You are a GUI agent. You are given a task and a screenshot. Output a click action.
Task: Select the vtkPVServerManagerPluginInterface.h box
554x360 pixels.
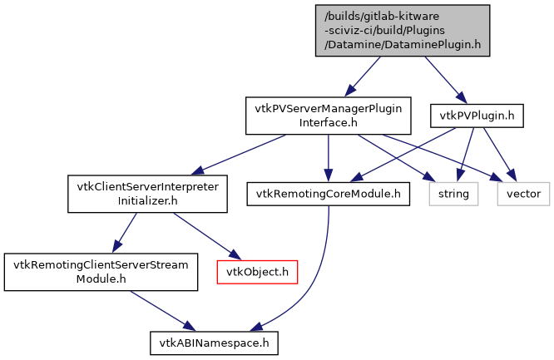[329, 116]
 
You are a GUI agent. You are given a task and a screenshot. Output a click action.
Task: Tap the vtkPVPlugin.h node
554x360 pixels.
[476, 115]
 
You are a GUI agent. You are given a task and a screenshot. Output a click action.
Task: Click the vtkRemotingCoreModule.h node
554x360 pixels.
[329, 194]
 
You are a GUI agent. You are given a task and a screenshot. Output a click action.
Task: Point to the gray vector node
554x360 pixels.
[523, 195]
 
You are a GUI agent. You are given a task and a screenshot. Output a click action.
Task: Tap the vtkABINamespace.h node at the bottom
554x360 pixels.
[213, 342]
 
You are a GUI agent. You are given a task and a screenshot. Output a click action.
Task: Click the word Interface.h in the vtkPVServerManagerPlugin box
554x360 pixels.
[329, 122]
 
